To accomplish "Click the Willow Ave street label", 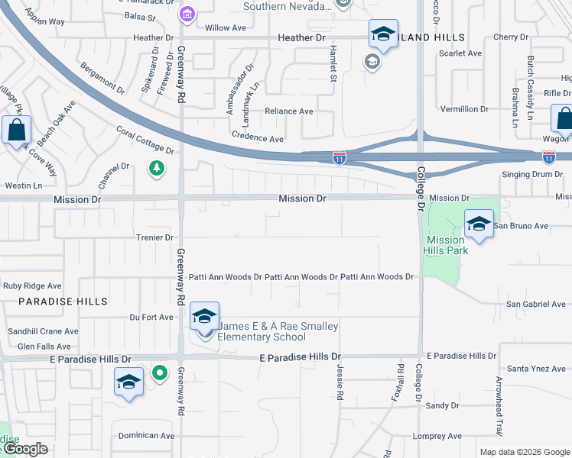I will (225, 28).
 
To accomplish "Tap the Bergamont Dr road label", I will (102, 78).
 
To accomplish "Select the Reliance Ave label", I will (288, 111).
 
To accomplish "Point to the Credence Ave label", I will (257, 139).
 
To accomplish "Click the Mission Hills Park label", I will (446, 245).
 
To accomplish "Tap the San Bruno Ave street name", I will (521, 226).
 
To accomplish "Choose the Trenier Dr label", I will (154, 237).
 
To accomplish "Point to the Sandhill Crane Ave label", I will (43, 331).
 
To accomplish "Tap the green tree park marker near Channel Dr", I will (157, 168).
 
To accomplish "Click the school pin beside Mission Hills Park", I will (479, 224).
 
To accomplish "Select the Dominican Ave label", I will (147, 436).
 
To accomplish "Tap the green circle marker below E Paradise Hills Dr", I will (159, 373).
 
